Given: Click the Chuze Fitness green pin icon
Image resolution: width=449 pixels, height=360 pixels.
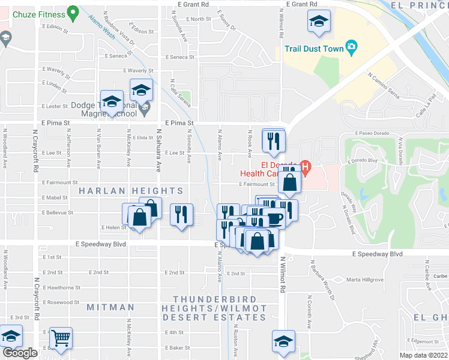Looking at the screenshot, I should (x=73, y=11).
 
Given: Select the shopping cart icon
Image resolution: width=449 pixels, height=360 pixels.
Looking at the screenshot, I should (x=61, y=338).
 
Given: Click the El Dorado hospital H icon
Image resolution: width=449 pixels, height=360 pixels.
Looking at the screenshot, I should (x=306, y=167).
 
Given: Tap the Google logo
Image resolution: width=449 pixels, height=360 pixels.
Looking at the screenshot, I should (x=20, y=353).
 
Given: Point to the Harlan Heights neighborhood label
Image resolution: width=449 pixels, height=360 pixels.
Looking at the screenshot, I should (x=131, y=191).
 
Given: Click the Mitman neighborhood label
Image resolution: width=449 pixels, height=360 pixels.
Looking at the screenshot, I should (x=110, y=307).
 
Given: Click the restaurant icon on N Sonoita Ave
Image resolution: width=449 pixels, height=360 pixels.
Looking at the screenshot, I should (x=181, y=214).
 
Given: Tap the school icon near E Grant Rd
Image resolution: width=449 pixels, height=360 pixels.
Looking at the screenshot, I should (x=319, y=22).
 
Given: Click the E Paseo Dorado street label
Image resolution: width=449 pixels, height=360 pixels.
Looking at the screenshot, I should (x=373, y=133).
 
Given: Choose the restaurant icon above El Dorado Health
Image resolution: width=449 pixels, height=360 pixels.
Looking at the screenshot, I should (x=274, y=141).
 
